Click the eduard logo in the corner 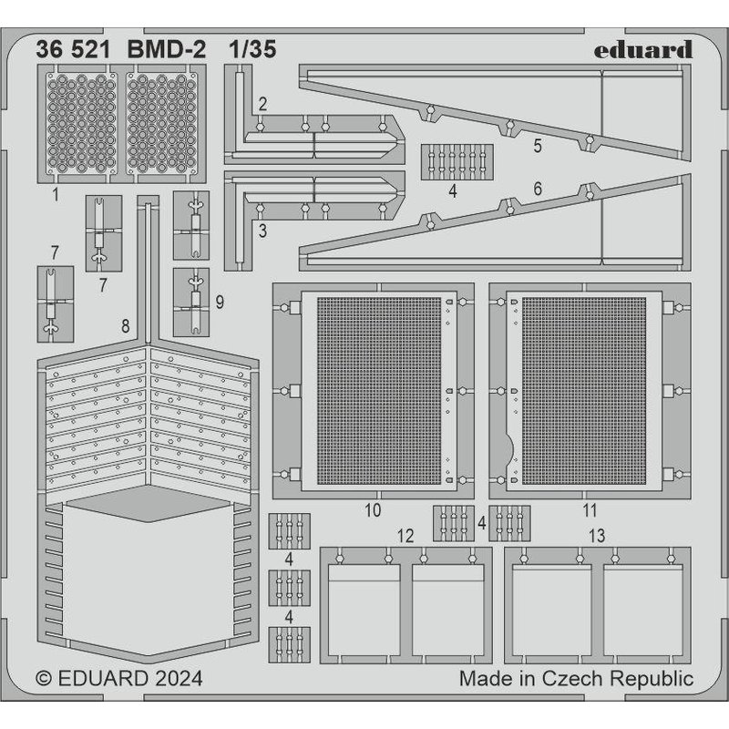[644, 50]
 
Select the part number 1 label [56, 193]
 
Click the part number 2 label [262, 104]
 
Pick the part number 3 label [262, 231]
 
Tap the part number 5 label [538, 145]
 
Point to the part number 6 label [538, 189]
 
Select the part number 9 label [220, 300]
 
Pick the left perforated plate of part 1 [82, 124]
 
